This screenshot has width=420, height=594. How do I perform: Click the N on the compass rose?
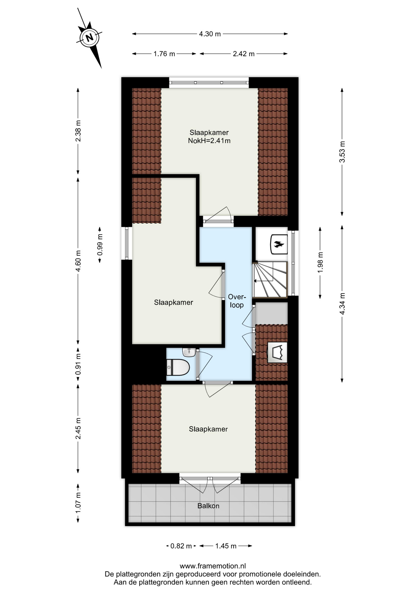pos(89,38)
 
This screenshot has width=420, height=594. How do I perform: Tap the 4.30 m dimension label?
pos(210,34)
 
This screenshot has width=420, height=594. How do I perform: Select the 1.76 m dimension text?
pos(164,54)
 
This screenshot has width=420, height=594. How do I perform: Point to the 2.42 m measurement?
pos(244,54)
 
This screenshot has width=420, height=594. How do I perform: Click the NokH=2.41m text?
pos(209,141)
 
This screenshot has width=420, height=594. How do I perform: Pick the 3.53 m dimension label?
pos(342,152)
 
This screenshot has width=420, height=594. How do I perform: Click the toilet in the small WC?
pos(178,367)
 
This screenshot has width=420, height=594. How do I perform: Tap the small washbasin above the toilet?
pos(189,352)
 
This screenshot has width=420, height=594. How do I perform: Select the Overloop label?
pos(237,301)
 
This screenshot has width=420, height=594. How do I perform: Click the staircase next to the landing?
pos(270,280)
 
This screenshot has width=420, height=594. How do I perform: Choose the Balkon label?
pos(208,506)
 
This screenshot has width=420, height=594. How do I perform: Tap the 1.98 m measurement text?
pos(320,262)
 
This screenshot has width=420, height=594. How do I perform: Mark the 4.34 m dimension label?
pos(342,304)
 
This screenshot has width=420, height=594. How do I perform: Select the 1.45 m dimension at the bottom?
pos(226,546)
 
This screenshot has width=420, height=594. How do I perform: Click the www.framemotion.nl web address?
pos(213,566)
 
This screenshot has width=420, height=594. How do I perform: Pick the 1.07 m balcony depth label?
pos(78,503)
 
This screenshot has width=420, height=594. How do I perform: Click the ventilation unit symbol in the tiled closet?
pos(277,352)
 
